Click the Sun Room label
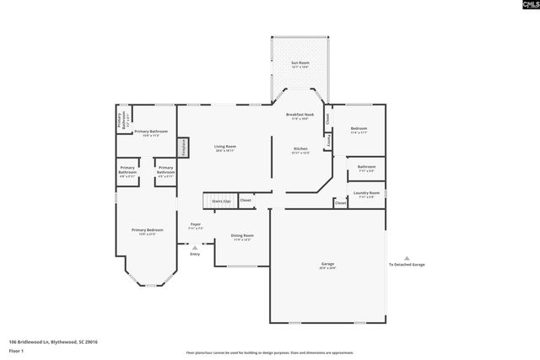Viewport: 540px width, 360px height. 300,65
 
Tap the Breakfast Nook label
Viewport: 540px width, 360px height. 300,116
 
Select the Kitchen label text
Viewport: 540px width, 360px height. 300,149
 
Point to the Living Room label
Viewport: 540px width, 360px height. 224,149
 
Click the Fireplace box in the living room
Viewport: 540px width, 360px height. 181,148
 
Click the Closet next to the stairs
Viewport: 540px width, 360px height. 246,201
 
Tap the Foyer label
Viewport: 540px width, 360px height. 195,226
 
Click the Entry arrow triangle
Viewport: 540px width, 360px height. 195,247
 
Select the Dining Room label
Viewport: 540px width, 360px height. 243,237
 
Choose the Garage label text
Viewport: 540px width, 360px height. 327,265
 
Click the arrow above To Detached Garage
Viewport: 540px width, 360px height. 406,258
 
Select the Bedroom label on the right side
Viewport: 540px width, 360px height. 359,130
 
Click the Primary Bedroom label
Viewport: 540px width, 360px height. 147,231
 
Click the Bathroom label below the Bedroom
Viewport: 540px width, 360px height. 366,168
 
